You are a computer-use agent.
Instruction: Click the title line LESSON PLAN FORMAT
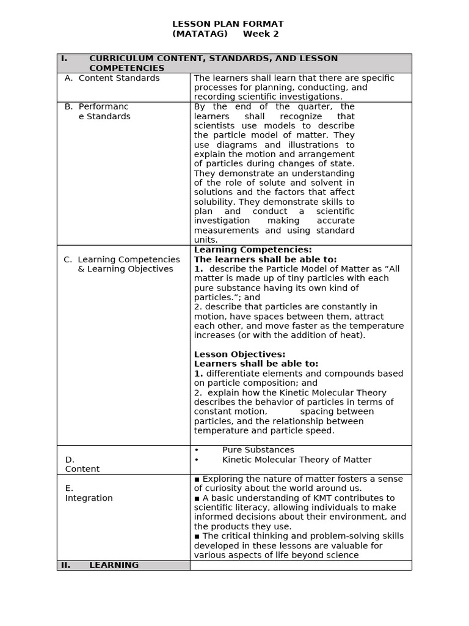(228, 24)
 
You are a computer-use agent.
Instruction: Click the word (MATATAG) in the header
(200, 34)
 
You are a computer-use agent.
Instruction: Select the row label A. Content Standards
(112, 78)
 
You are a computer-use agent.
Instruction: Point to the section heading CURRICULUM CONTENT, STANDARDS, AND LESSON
(213, 59)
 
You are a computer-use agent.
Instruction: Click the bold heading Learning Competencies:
(253, 249)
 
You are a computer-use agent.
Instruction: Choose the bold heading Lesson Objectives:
(239, 355)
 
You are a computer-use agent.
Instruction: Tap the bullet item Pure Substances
(258, 450)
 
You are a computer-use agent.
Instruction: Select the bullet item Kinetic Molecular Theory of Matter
(296, 460)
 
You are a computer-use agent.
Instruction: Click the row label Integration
(89, 498)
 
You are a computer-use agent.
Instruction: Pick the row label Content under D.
(82, 469)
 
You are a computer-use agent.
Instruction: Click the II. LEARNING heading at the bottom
(114, 565)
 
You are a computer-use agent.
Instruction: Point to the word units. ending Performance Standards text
(206, 240)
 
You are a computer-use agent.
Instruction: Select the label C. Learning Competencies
(122, 259)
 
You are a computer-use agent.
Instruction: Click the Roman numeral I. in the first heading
(64, 59)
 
